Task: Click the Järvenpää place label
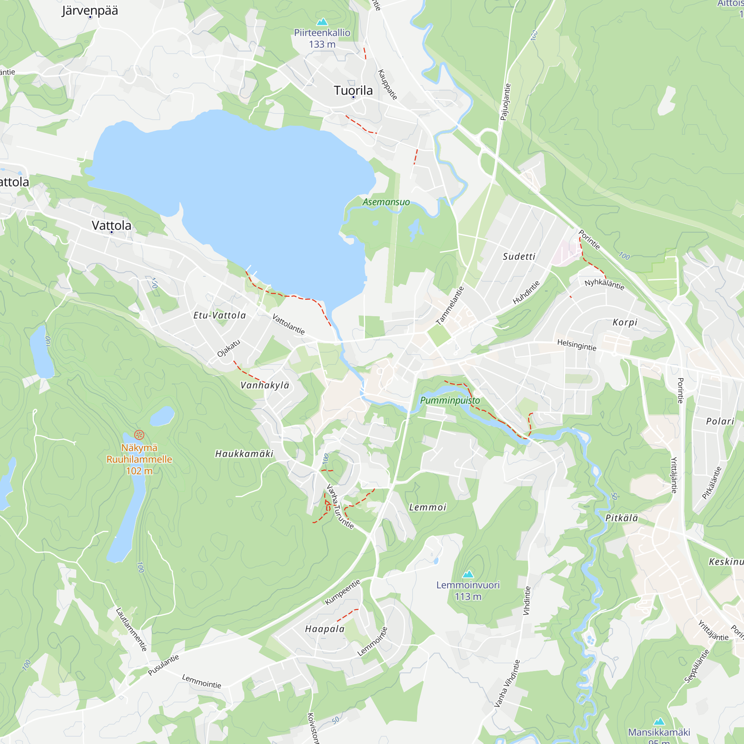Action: (x=90, y=10)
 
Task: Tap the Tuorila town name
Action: (x=353, y=90)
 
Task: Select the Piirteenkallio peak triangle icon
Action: (x=321, y=22)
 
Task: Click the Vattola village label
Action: (x=111, y=225)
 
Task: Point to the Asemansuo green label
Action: (x=386, y=202)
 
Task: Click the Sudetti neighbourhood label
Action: (x=519, y=256)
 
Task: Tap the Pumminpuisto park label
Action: (x=450, y=401)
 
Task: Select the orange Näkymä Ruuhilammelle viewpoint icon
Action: (x=139, y=435)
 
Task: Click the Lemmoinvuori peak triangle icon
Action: (x=468, y=574)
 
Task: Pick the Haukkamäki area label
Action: (x=244, y=454)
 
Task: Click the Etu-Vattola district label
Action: (x=219, y=315)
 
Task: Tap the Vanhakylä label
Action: (x=264, y=385)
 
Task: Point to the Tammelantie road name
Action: (x=450, y=306)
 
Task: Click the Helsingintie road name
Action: (x=577, y=345)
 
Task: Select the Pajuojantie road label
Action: (x=505, y=102)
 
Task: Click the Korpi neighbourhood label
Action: (x=625, y=322)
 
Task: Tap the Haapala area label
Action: (x=325, y=629)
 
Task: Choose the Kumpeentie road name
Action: (x=342, y=592)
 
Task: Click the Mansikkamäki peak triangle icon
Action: (x=659, y=721)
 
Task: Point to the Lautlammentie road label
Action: (x=131, y=629)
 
